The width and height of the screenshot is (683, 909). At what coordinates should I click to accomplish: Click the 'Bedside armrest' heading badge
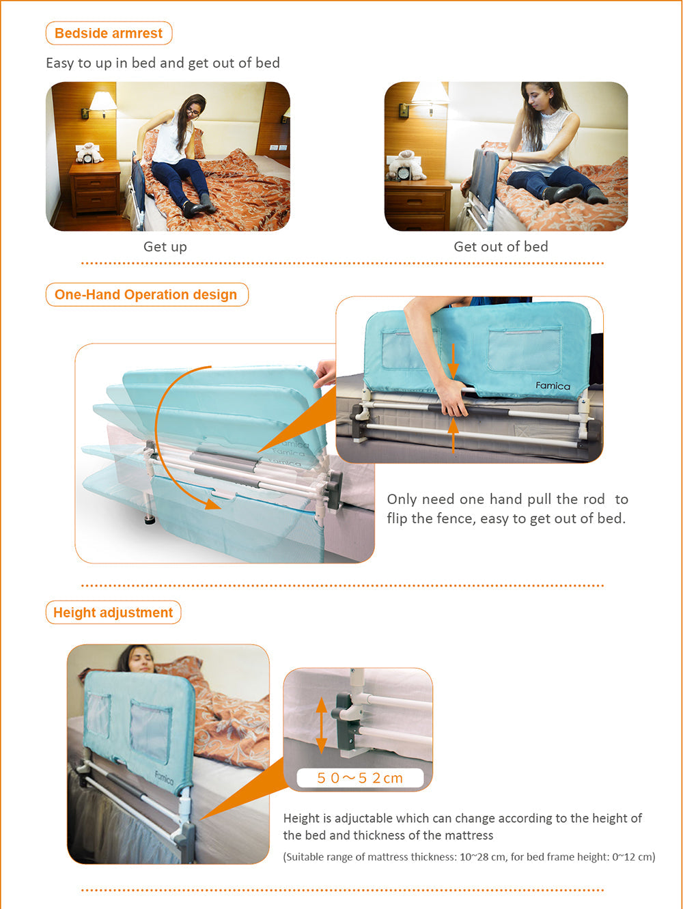point(109,33)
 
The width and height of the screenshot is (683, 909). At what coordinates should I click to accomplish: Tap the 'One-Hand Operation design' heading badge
point(147,294)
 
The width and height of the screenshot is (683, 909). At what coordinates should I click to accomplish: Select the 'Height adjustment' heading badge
point(113,612)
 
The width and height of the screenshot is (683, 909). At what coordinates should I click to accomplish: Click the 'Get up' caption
point(165,247)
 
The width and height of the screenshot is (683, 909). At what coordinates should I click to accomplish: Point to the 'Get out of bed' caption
point(501,247)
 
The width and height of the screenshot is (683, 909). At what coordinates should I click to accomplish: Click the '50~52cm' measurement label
point(360,778)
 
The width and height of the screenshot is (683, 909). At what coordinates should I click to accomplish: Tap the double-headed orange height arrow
point(322,725)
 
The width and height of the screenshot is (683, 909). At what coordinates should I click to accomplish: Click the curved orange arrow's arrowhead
point(212,504)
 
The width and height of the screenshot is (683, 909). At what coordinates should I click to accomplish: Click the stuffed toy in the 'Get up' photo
point(89,152)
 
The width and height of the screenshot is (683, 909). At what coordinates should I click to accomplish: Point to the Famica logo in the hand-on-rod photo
point(553,386)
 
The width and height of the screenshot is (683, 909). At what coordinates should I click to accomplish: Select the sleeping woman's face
point(141,659)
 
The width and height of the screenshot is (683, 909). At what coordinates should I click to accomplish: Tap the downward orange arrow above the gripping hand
point(454,361)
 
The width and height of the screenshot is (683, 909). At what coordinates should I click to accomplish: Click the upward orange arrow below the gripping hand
point(454,435)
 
